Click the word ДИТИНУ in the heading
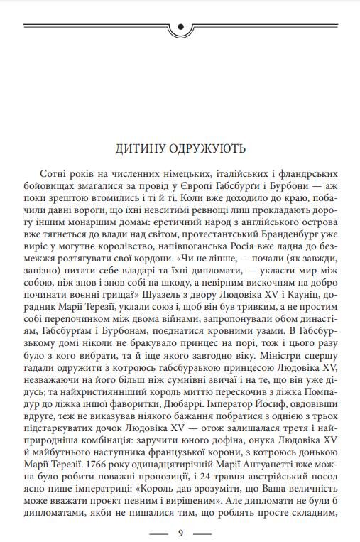[141, 149]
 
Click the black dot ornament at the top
[180, 28]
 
